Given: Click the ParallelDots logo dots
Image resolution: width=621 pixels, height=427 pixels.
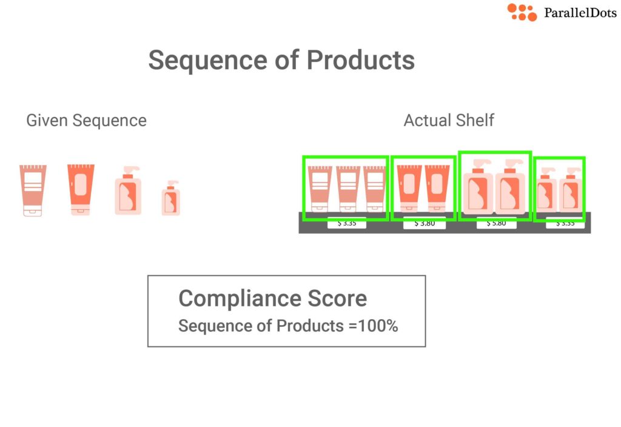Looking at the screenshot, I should click(522, 12).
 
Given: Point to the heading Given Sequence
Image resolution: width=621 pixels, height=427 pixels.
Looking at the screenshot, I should click(86, 120).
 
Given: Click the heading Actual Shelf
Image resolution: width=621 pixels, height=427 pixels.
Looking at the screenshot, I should click(449, 120).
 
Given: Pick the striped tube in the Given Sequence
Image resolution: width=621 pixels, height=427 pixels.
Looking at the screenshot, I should click(33, 190).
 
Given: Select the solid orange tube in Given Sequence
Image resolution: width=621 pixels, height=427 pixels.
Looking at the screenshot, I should click(81, 189).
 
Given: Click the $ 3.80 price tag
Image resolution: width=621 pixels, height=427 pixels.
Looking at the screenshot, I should click(425, 224).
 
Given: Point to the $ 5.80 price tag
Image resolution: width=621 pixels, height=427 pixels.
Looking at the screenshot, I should click(497, 224).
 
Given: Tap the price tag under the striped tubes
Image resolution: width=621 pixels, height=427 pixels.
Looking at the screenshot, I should click(346, 224).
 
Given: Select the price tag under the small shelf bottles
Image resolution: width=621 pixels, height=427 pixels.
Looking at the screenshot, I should click(565, 224).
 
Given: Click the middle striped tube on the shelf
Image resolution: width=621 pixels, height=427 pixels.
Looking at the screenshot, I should click(349, 189).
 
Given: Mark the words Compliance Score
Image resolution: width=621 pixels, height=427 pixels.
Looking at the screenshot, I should click(272, 298).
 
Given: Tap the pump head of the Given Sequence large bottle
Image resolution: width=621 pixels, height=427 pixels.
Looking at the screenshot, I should click(131, 170).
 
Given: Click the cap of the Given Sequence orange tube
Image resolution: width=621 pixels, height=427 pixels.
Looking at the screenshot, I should click(81, 210).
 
